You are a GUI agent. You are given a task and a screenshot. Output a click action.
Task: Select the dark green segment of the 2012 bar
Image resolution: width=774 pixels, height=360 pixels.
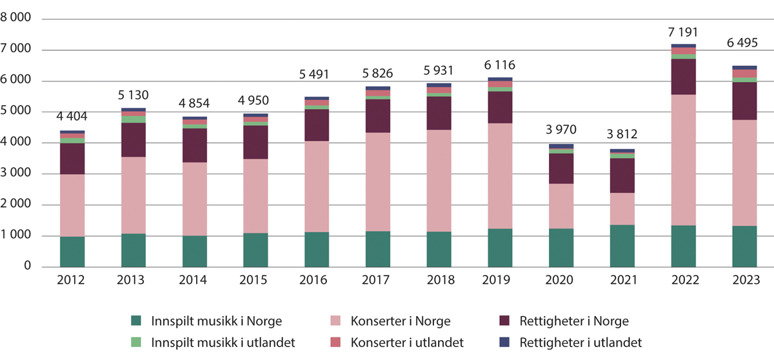[x=72, y=252]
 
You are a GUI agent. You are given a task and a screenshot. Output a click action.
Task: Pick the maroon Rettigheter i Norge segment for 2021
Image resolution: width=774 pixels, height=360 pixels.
[x=622, y=175]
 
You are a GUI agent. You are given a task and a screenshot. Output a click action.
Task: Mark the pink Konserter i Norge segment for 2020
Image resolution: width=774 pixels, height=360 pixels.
[x=561, y=206]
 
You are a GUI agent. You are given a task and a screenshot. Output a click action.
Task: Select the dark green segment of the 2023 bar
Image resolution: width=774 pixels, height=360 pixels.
[x=744, y=246]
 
